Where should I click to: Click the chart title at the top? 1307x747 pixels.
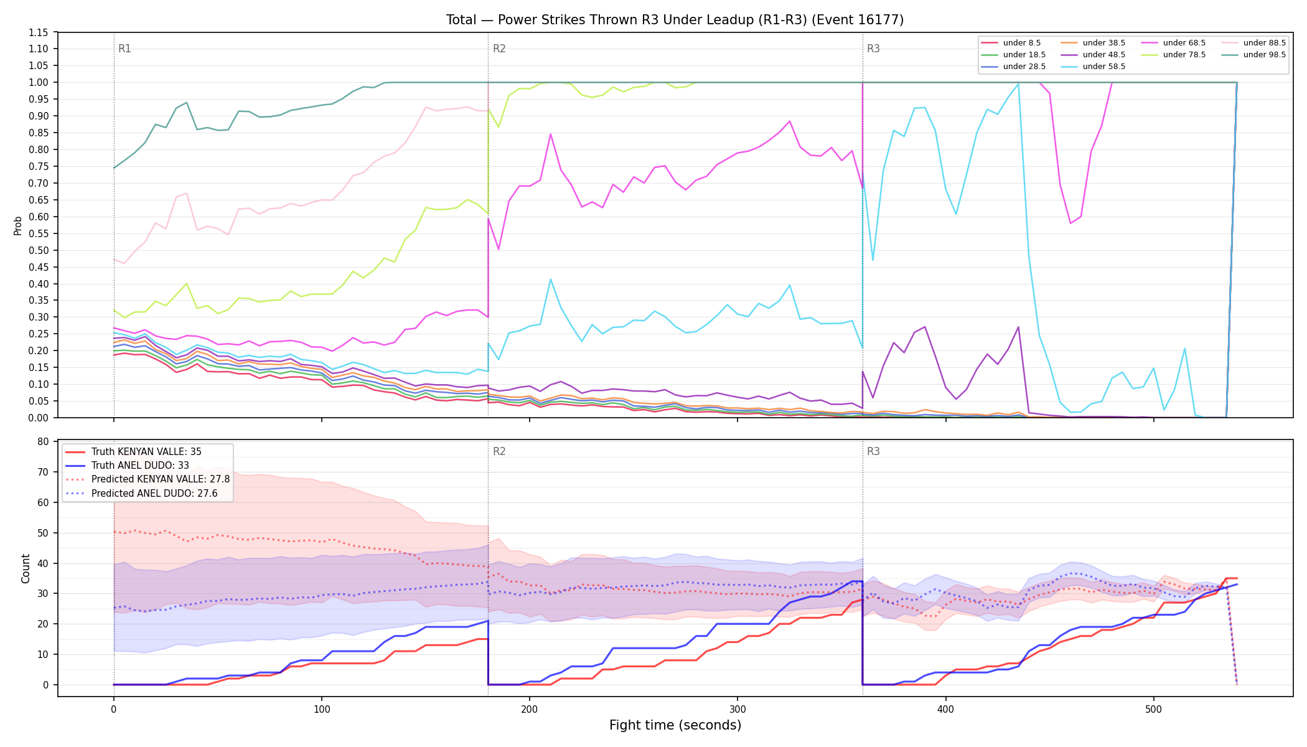(x=675, y=20)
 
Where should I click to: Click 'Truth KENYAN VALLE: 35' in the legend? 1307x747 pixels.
(x=146, y=452)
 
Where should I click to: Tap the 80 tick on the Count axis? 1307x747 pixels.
(x=43, y=442)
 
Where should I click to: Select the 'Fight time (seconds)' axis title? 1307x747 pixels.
(x=675, y=725)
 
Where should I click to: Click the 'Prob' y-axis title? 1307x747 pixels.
(x=18, y=225)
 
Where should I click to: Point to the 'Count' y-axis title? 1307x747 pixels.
(x=26, y=568)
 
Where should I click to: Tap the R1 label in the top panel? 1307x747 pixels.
(x=124, y=49)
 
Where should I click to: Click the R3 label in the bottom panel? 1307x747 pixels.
(x=873, y=451)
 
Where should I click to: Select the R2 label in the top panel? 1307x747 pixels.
(x=499, y=49)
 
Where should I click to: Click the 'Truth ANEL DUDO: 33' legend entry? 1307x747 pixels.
(x=140, y=466)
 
